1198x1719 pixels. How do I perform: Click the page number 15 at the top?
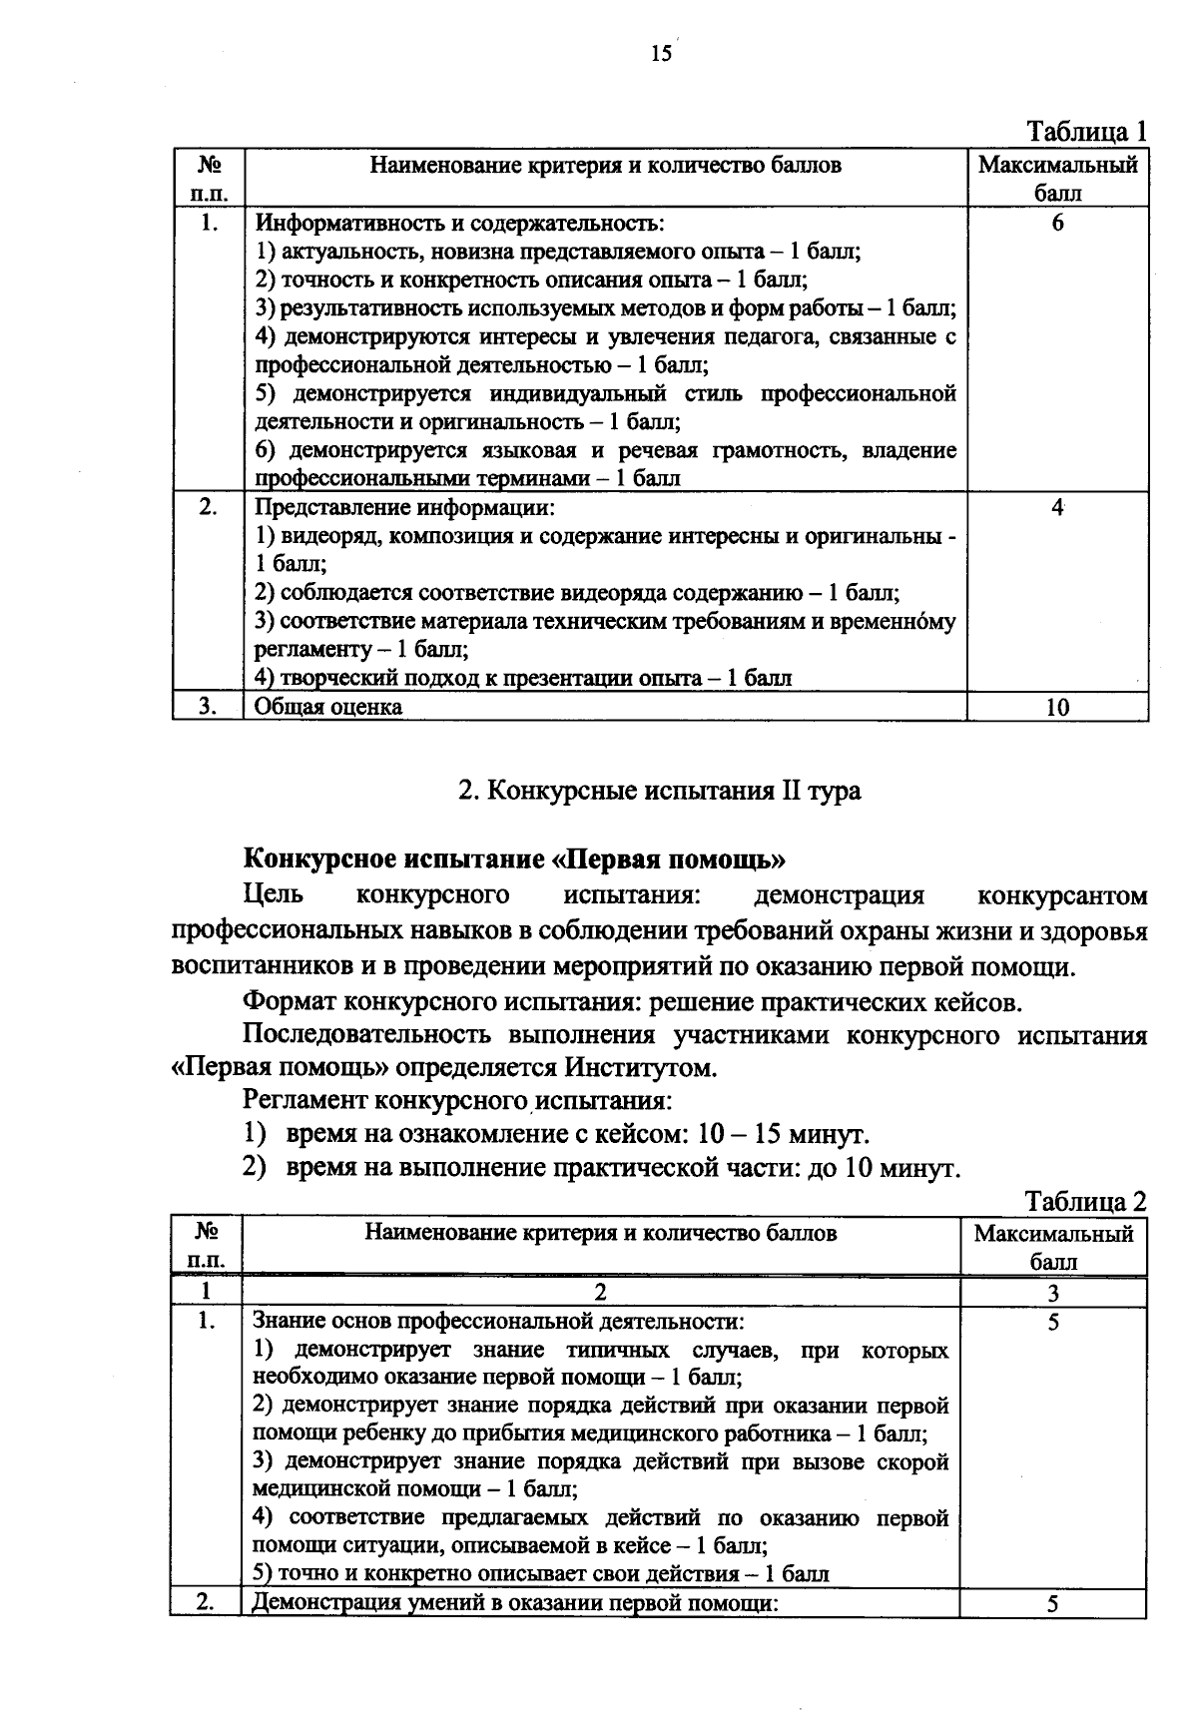[661, 54]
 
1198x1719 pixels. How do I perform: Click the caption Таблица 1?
[1087, 132]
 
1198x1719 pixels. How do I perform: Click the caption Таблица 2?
[1085, 1201]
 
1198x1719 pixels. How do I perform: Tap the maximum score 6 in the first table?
[1057, 223]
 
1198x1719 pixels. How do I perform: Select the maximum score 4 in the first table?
[1056, 507]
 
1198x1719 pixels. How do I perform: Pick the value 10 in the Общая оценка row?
[1057, 707]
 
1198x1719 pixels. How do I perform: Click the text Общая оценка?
[328, 707]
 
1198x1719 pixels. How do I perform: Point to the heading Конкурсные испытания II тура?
[659, 791]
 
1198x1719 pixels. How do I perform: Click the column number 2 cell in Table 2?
[600, 1292]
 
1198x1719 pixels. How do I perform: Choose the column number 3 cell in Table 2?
[1052, 1292]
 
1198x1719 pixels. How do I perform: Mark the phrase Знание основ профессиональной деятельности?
[498, 1321]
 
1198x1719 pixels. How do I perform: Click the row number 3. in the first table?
[208, 707]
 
